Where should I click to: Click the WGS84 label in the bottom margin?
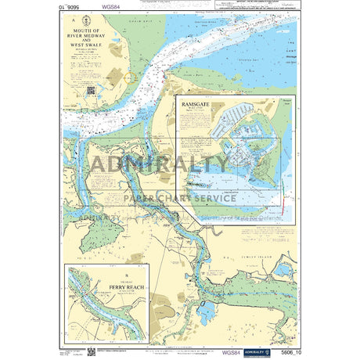point(232,353)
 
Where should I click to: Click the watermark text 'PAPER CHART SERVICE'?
point(179,199)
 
